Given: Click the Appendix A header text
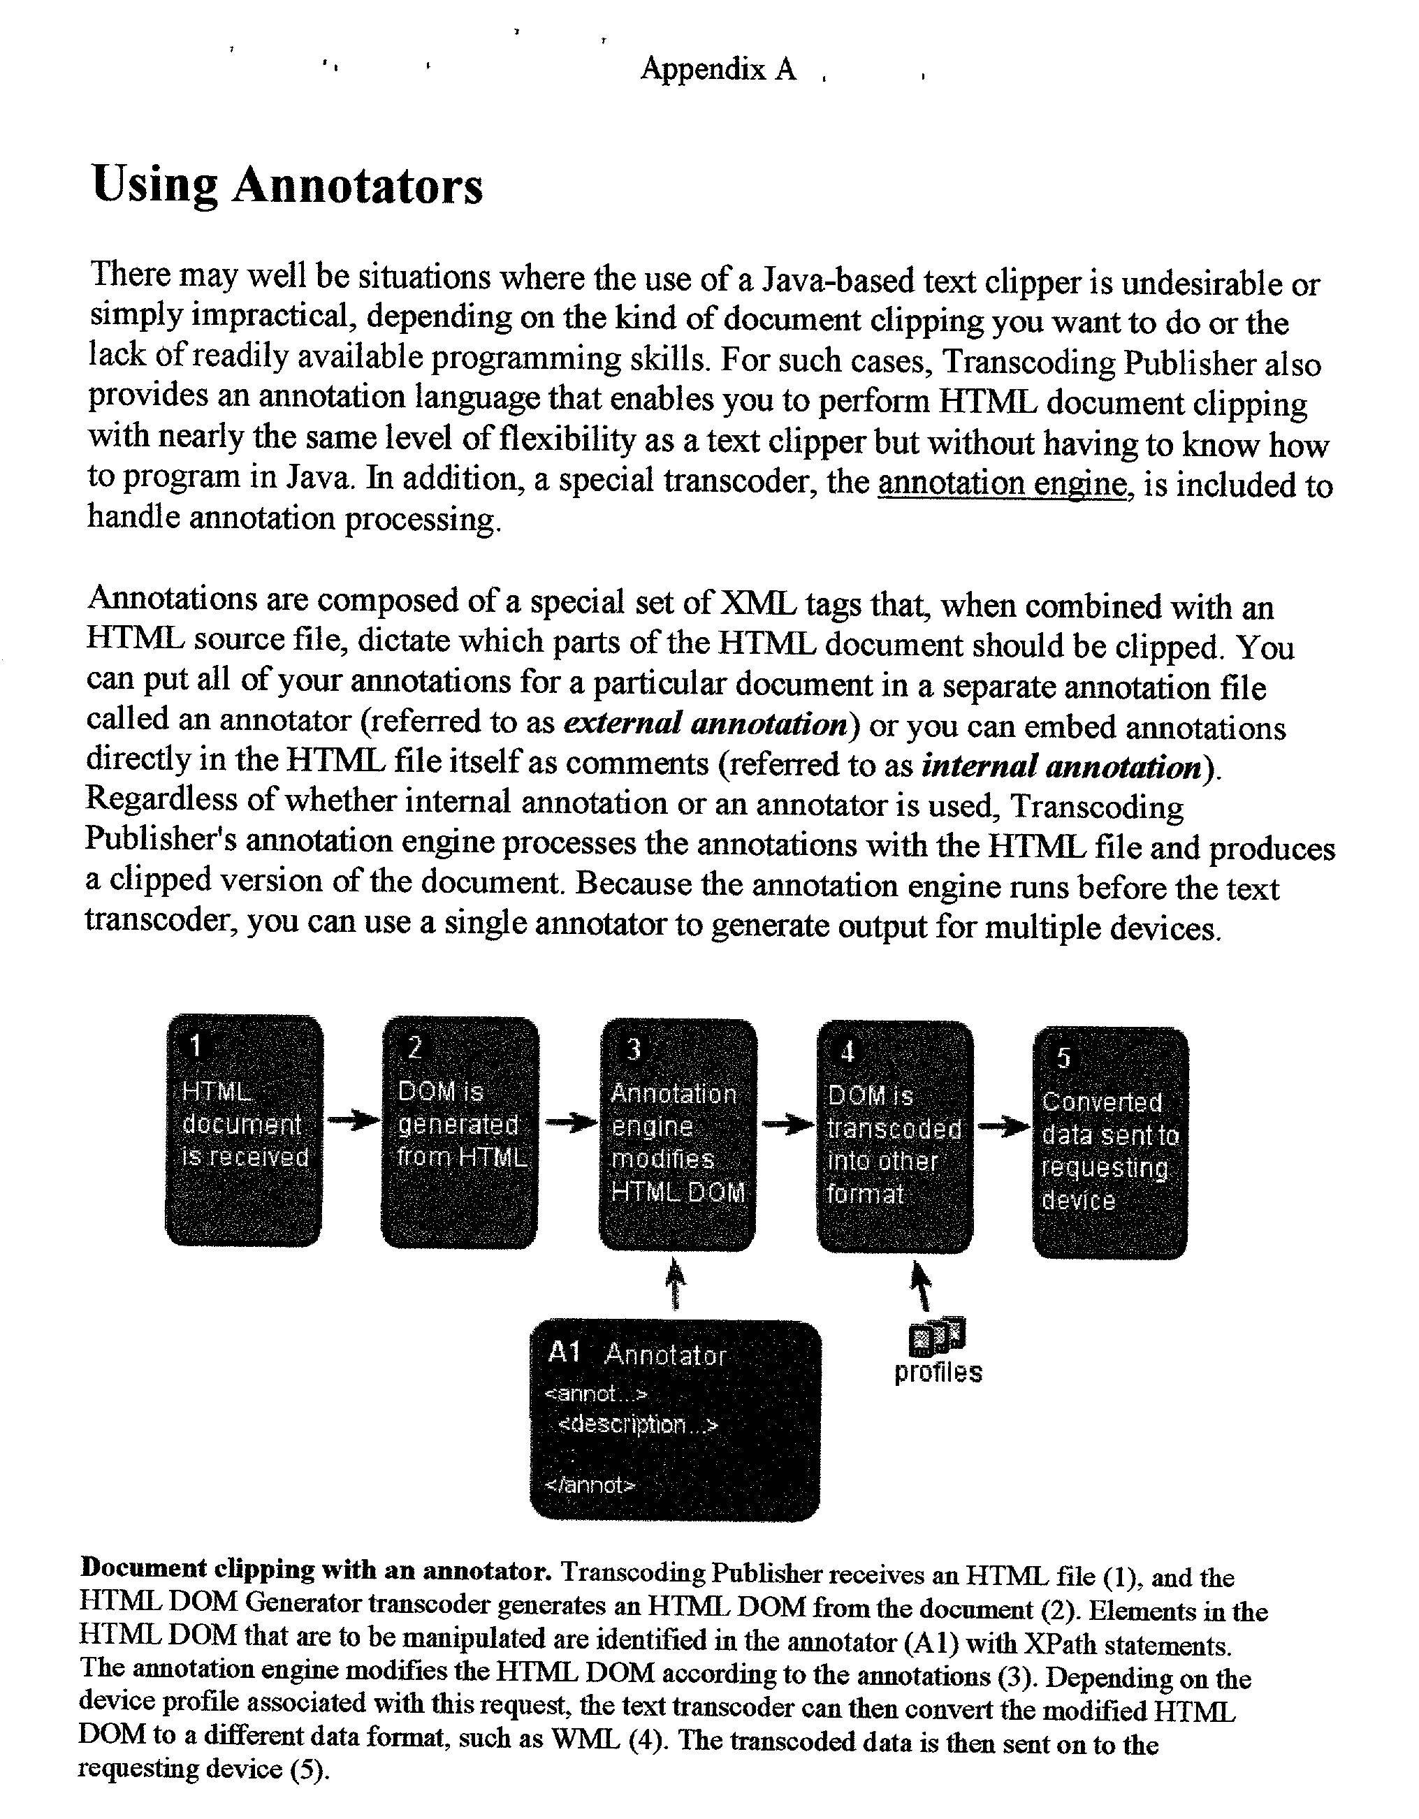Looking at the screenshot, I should [718, 69].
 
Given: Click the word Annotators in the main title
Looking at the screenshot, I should [358, 186].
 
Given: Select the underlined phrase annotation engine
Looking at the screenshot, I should [1005, 483].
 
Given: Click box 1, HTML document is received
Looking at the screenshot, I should [244, 1130].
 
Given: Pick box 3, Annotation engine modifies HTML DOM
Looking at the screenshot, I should [678, 1134].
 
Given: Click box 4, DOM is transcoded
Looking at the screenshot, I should [895, 1137].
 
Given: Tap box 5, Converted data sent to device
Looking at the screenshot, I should [1110, 1143].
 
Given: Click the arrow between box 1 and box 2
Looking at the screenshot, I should [352, 1120].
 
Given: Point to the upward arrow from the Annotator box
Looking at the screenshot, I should [676, 1283].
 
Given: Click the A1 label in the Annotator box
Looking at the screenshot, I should [564, 1352].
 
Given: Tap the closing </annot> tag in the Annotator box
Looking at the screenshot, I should [590, 1485].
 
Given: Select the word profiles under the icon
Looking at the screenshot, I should [938, 1372].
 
